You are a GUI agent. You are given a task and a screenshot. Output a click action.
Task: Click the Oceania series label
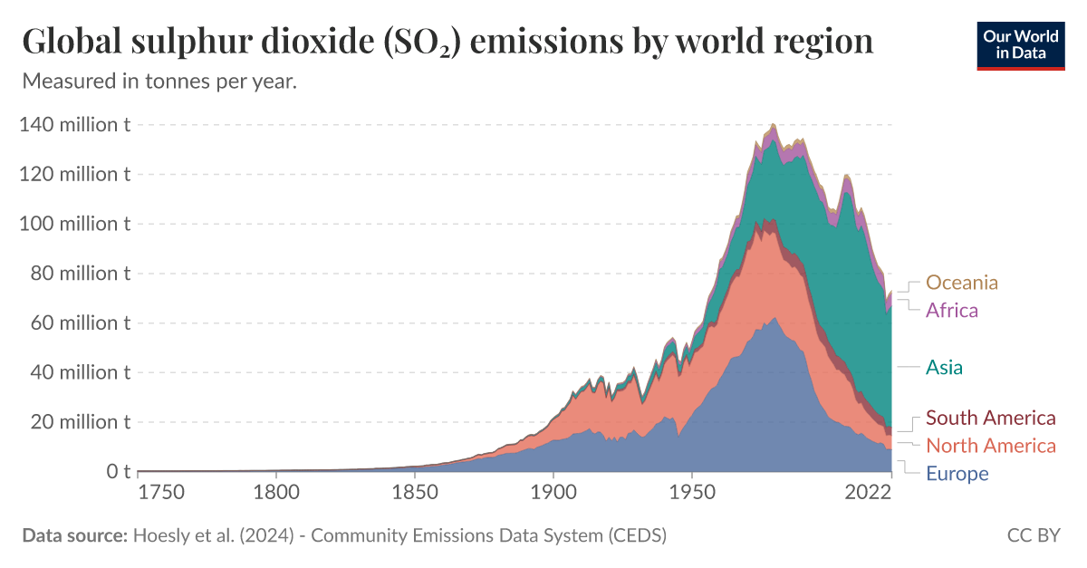962,283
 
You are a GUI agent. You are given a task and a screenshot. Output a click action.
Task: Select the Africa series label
952,311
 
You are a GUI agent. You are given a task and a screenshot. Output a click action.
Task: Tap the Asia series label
944,368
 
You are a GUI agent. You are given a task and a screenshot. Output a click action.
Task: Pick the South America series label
991,418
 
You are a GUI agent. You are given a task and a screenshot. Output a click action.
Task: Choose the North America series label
991,446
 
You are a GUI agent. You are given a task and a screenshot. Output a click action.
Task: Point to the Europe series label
957,474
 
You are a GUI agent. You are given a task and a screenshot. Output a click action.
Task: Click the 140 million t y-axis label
74,125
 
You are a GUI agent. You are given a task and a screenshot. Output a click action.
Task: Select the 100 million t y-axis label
74,224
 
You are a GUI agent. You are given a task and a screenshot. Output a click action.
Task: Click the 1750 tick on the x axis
161,493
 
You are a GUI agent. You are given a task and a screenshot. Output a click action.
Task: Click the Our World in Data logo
1020,44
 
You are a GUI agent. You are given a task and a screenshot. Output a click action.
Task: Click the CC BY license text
1034,535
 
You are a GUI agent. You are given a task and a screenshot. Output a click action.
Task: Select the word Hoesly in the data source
163,535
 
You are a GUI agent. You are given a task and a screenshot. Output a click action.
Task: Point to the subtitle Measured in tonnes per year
159,81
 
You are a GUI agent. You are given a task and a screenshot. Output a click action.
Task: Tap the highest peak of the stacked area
773,124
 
